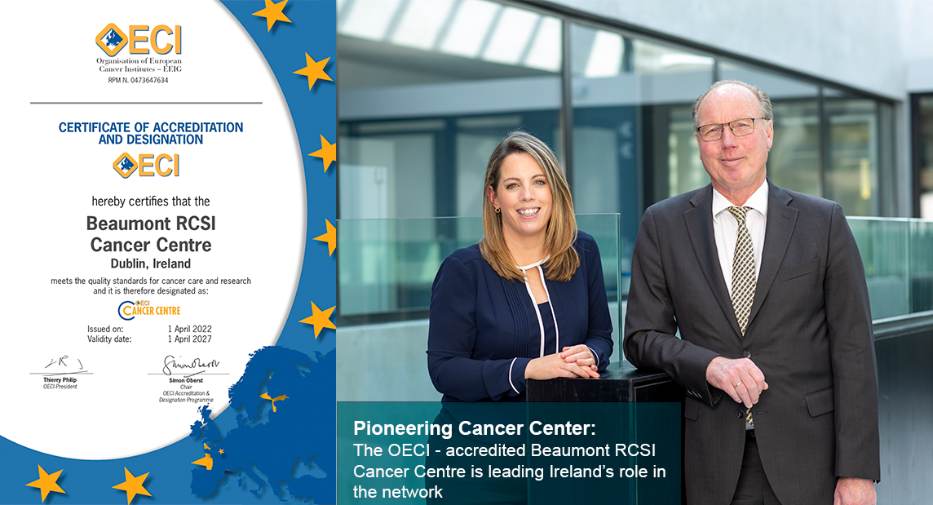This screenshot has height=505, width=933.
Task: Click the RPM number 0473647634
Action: tap(138, 81)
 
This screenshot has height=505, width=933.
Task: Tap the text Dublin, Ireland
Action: tap(150, 264)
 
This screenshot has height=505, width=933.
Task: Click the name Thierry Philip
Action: tap(60, 380)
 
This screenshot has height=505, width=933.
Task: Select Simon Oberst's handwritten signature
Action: tap(187, 365)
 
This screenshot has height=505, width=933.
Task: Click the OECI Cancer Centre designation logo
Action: tap(149, 310)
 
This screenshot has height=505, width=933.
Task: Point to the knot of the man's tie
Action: tap(739, 214)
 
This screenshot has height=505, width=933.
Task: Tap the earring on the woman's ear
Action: tap(497, 210)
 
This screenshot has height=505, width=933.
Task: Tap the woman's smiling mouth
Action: tap(528, 211)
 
